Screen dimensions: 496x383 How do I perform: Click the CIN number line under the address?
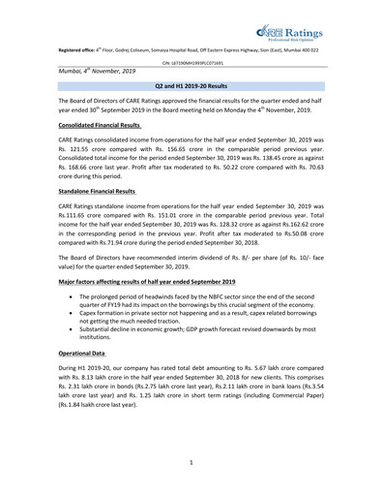(191, 61)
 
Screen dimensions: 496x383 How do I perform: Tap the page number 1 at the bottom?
(191, 461)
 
